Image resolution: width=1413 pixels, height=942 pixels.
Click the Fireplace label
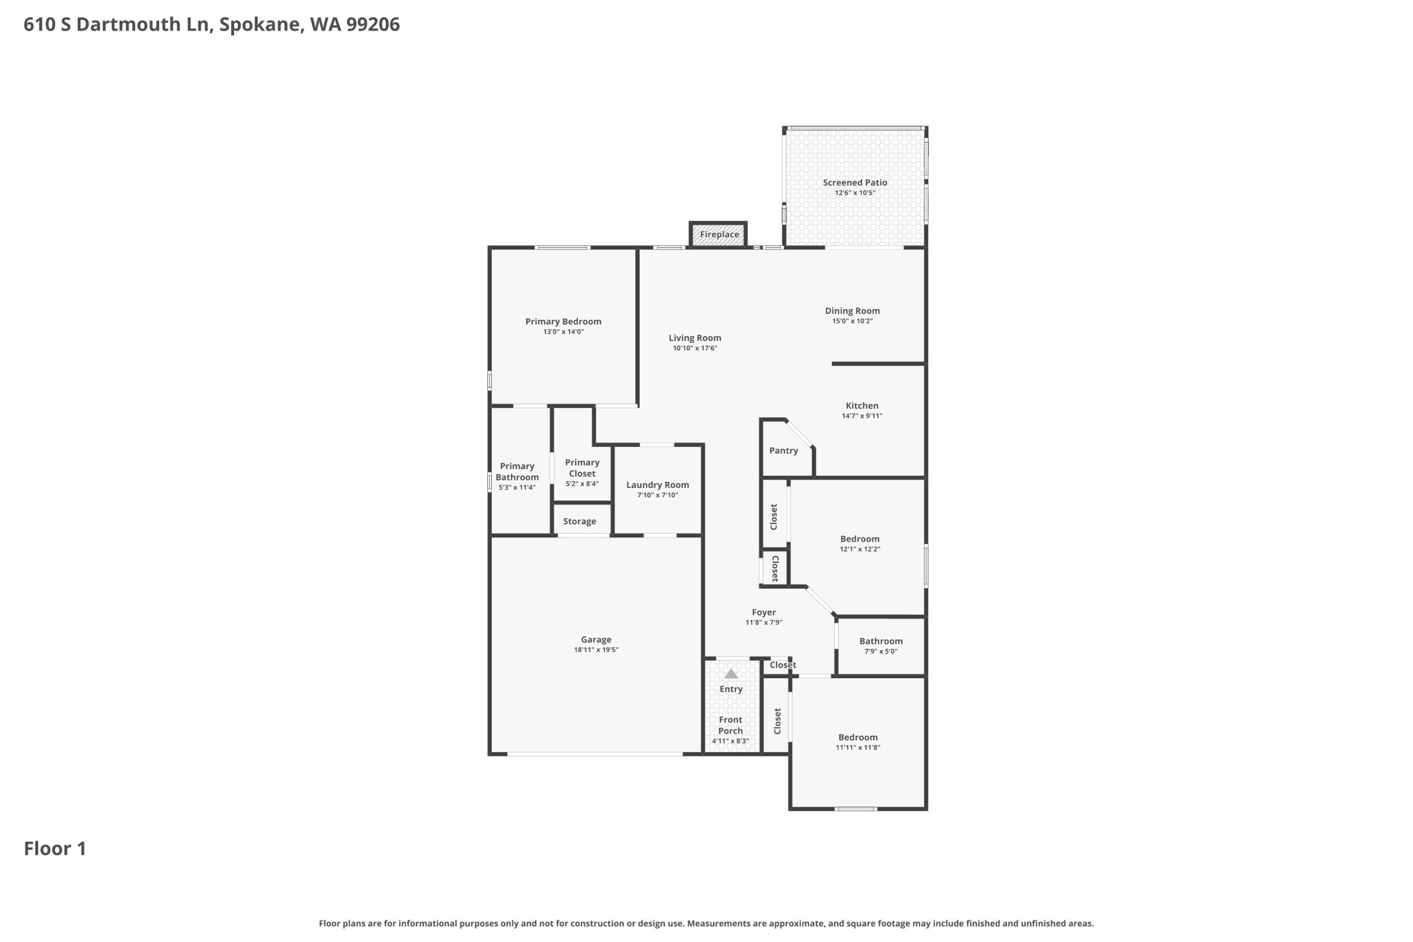pos(719,235)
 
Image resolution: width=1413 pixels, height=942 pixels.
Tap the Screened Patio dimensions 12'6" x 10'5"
pos(855,193)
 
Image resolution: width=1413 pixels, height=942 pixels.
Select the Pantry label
pos(783,450)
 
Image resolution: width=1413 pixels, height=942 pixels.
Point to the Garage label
pos(596,639)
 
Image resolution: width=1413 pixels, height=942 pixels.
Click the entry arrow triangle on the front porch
pos(731,673)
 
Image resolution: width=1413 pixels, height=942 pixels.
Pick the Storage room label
pos(579,521)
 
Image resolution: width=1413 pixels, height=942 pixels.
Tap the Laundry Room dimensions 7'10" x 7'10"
pos(657,495)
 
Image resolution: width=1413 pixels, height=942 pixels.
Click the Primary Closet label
pos(582,468)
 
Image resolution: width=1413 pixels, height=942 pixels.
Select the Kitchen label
pos(862,406)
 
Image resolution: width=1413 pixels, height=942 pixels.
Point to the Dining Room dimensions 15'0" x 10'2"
pos(852,321)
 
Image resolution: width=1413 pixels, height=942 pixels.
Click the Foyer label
pos(763,612)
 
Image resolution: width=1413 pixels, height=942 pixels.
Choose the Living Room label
pos(694,338)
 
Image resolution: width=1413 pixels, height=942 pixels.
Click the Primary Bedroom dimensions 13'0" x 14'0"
pos(563,332)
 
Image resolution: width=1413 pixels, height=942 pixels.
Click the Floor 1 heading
pos(55,848)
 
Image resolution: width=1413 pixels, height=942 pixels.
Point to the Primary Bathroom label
pos(517,472)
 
